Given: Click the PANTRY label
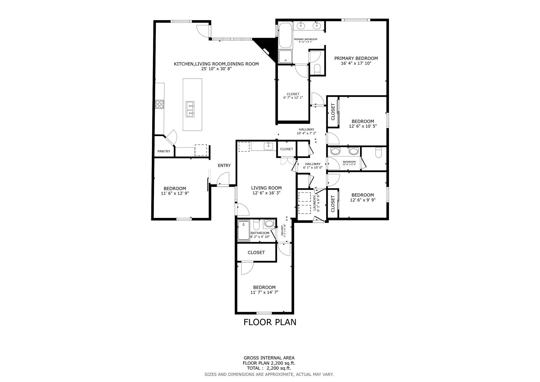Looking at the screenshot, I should (x=164, y=151).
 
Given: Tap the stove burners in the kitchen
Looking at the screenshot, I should (x=159, y=104).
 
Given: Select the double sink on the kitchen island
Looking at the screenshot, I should (x=190, y=109).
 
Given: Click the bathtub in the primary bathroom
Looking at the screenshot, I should (x=285, y=35).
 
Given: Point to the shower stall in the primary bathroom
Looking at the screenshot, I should (x=285, y=56).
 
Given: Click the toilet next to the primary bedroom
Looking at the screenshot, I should (x=317, y=69).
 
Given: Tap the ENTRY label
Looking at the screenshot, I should (x=224, y=165).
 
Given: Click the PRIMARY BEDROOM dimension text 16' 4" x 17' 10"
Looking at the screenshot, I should (x=356, y=63).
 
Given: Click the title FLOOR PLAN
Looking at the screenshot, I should (x=270, y=322).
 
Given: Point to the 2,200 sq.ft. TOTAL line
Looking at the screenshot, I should (x=269, y=368).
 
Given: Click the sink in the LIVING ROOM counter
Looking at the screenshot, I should (x=268, y=146).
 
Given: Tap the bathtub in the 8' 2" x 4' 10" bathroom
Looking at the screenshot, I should (x=244, y=231).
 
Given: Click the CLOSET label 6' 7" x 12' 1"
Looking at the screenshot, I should (x=293, y=96).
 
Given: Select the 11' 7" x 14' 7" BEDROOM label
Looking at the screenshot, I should (x=264, y=290).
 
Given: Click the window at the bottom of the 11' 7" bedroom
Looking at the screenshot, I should (x=264, y=313).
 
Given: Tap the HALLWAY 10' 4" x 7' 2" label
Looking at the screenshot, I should (x=306, y=131).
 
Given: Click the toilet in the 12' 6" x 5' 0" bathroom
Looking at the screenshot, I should (x=378, y=152).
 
